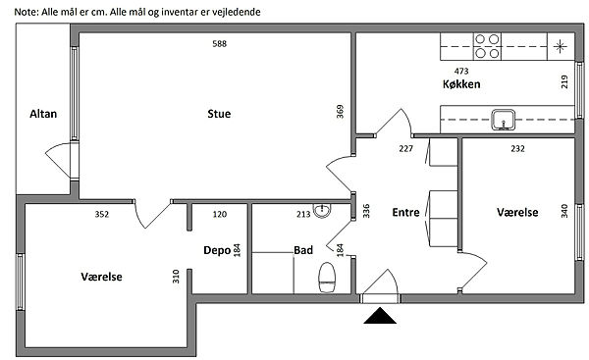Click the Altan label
click(43, 114)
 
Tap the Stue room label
click(219, 114)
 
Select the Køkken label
click(461, 84)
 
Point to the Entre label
click(405, 213)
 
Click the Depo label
click(217, 250)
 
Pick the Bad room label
click(303, 250)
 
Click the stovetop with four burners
click(487, 46)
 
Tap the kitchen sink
click(503, 120)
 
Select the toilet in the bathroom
click(327, 278)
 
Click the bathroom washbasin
click(322, 211)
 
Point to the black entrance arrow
click(380, 315)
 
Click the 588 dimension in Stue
click(219, 44)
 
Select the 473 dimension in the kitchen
click(461, 71)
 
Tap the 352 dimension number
click(102, 215)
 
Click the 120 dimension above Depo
click(220, 215)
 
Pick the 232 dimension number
click(517, 149)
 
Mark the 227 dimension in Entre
click(406, 149)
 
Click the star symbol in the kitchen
click(561, 46)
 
